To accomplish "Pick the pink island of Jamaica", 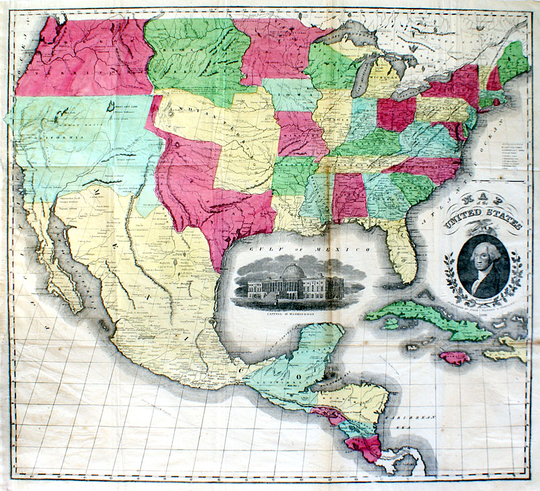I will click(x=453, y=357).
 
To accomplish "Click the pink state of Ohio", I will click(x=396, y=114).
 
